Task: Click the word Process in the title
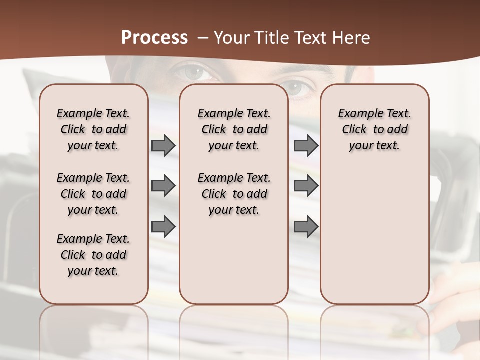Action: coord(154,38)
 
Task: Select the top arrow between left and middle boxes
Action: coord(163,146)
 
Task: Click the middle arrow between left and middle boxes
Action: coord(163,186)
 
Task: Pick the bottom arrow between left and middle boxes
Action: coord(163,226)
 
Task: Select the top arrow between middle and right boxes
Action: coord(306,146)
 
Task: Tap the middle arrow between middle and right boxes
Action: coord(306,186)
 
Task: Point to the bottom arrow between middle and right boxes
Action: coord(306,226)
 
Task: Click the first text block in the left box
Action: coord(93,129)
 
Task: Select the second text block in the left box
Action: coord(93,194)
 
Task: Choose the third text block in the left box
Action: coord(93,255)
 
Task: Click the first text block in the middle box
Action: coord(234,129)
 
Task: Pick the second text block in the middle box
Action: coord(234,194)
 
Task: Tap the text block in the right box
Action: coord(374,129)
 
